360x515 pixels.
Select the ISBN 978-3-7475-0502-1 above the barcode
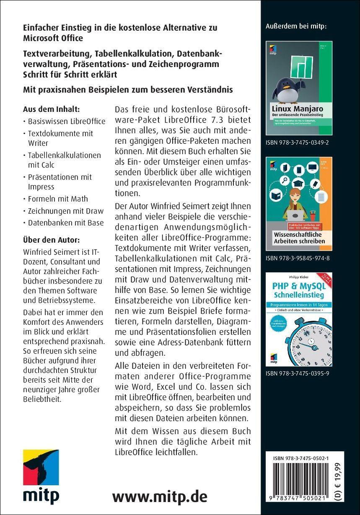(300, 458)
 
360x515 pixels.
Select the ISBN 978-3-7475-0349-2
(297, 142)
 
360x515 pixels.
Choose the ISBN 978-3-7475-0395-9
(297, 373)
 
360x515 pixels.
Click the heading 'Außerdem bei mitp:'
(296, 27)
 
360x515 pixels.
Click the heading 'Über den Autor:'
(52, 240)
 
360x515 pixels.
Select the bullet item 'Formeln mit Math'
(58, 199)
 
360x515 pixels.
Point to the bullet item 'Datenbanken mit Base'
(65, 223)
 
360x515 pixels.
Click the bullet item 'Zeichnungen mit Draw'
(65, 211)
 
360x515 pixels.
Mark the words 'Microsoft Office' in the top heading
(53, 38)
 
